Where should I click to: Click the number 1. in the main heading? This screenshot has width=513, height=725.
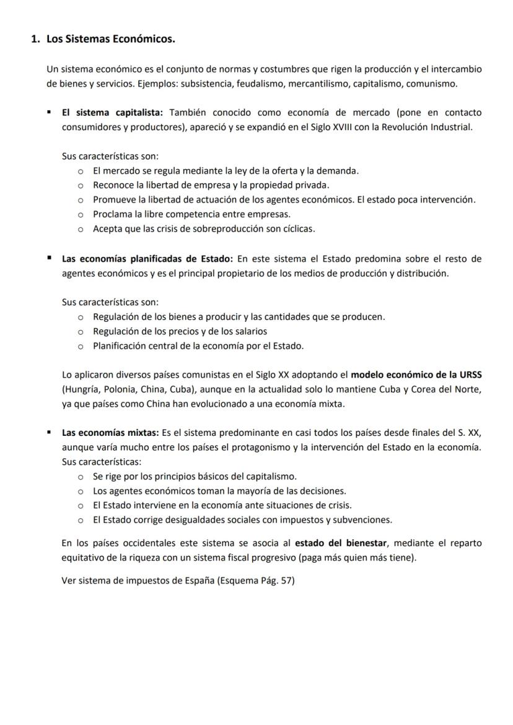click(35, 40)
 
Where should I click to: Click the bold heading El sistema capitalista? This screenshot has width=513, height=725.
click(112, 113)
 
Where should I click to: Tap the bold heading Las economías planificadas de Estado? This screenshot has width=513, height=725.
click(147, 259)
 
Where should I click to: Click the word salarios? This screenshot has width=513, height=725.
click(249, 331)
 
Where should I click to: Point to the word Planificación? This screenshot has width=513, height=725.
click(120, 345)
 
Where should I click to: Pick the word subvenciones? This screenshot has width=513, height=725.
click(359, 519)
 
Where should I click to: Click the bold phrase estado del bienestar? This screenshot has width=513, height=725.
click(341, 543)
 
